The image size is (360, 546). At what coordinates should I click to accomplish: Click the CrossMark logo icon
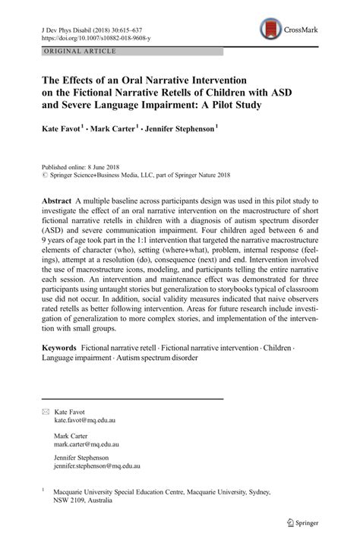(271, 30)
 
